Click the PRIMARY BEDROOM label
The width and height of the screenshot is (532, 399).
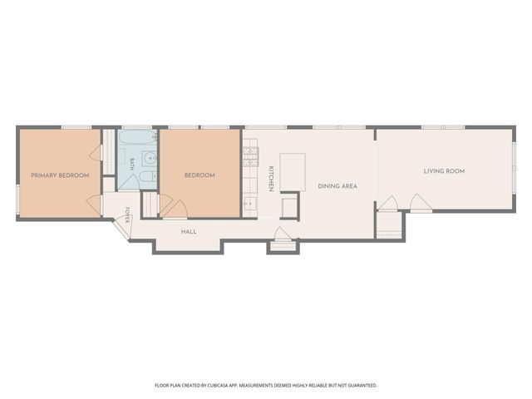(x=60, y=175)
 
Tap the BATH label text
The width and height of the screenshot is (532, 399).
(x=132, y=165)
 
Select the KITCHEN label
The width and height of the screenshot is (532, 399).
(x=271, y=179)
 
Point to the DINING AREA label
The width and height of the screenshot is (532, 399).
(x=337, y=186)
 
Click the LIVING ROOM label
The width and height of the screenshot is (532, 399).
(x=444, y=171)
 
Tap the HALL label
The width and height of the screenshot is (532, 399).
(x=189, y=232)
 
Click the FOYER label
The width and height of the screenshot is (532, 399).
(x=127, y=215)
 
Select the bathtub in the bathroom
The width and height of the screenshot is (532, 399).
(x=138, y=137)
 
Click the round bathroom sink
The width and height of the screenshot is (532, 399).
(x=150, y=158)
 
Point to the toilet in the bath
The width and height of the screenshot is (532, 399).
(x=148, y=176)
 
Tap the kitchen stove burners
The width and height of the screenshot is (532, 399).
(x=251, y=157)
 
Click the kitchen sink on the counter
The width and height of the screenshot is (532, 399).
(x=251, y=203)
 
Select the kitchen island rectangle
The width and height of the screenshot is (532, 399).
(x=293, y=172)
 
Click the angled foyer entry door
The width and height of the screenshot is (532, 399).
(x=123, y=228)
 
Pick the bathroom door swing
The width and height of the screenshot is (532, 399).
(x=129, y=182)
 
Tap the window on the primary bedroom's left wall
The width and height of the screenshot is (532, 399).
(x=17, y=199)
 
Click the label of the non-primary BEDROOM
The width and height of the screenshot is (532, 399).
(x=199, y=175)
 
